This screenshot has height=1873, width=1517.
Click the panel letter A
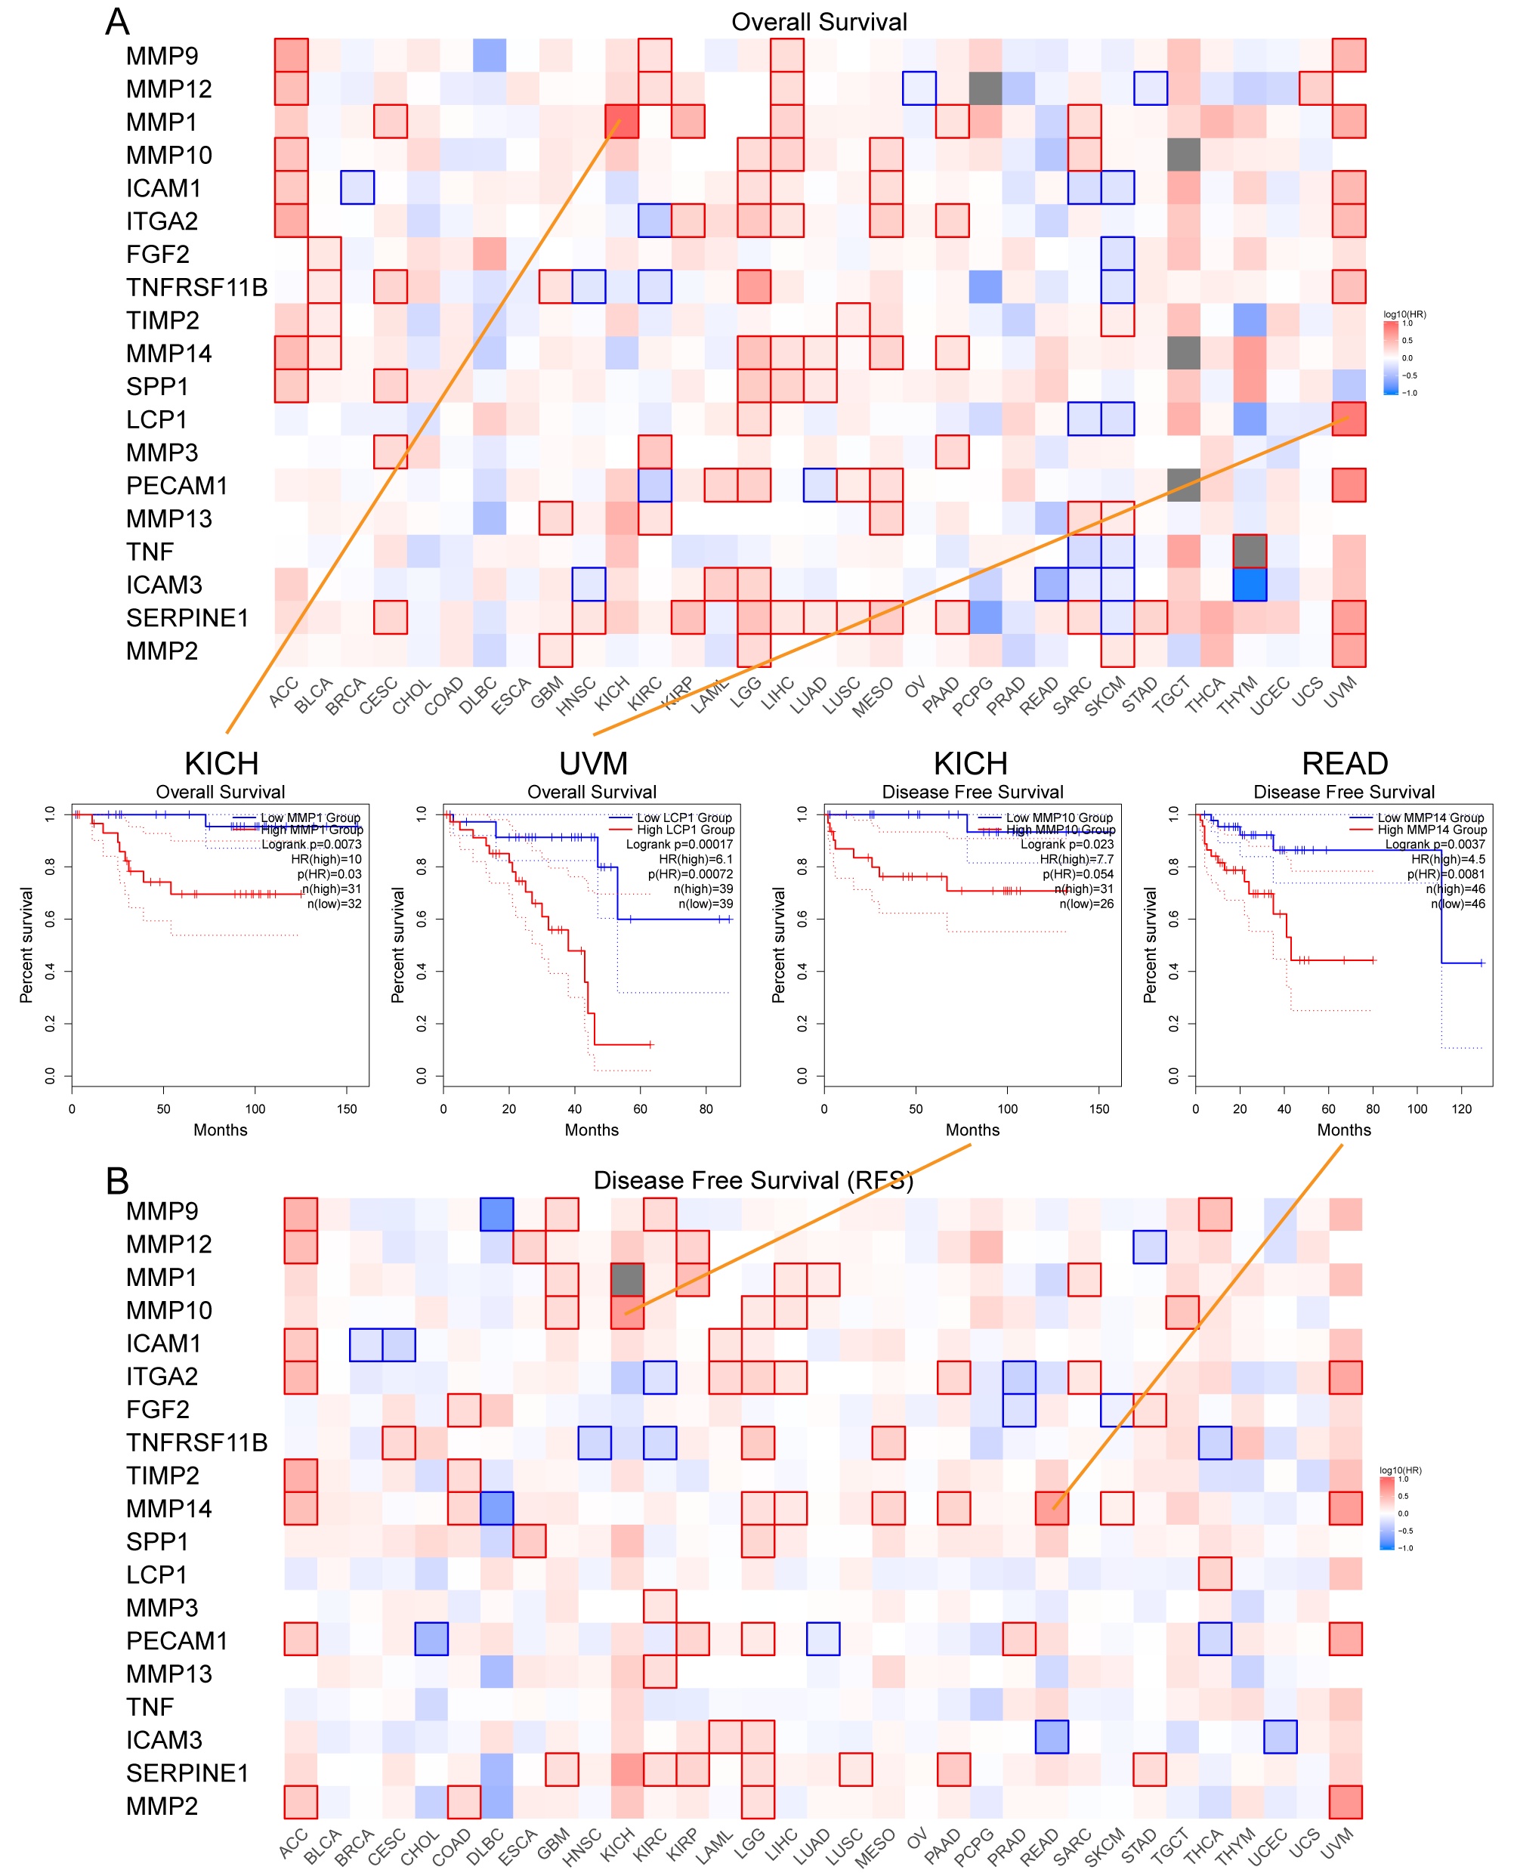[117, 22]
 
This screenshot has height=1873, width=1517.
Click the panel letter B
[117, 1181]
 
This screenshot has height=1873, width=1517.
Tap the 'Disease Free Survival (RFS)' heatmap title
[752, 1180]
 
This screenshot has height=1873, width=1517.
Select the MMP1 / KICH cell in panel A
[621, 122]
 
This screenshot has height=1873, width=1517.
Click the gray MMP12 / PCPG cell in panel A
[985, 88]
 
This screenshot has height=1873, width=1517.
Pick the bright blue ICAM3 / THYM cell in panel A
[1249, 584]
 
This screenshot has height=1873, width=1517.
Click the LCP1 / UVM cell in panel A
[1349, 419]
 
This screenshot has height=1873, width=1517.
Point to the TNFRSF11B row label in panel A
[196, 288]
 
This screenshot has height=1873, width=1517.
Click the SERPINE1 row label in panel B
[187, 1773]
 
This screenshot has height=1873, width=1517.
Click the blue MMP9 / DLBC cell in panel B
[496, 1213]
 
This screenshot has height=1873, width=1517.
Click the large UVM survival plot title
[593, 763]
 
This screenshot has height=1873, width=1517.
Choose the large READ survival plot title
[1344, 763]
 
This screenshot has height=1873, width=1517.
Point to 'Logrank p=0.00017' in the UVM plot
[679, 844]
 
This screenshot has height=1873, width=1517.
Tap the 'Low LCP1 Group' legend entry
[684, 818]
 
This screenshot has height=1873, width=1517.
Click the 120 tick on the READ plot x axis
[1461, 1108]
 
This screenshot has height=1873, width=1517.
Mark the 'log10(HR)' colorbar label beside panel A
[1404, 314]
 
